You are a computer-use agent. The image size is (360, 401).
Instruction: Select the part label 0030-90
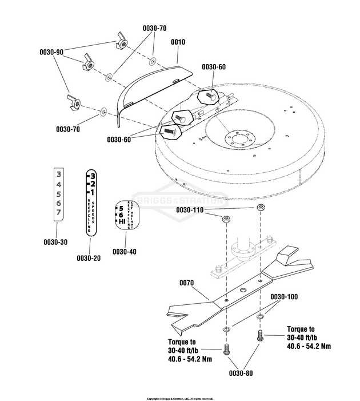tap(51, 52)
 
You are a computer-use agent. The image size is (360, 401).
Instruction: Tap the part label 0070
tap(187, 282)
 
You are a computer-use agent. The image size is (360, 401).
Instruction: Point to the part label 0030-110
tap(190, 211)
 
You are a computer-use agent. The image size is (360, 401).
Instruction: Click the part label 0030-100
tap(283, 297)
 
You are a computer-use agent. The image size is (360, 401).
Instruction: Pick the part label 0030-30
tap(55, 242)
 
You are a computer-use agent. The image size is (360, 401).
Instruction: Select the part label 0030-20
tap(89, 258)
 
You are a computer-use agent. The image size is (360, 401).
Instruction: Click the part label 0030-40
tap(124, 251)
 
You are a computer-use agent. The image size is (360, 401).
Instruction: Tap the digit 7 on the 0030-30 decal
tap(58, 213)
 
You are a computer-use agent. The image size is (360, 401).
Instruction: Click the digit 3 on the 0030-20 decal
tap(93, 175)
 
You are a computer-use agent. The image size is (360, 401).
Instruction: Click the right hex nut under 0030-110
tap(260, 208)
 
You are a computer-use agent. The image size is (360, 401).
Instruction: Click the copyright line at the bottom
tap(180, 398)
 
